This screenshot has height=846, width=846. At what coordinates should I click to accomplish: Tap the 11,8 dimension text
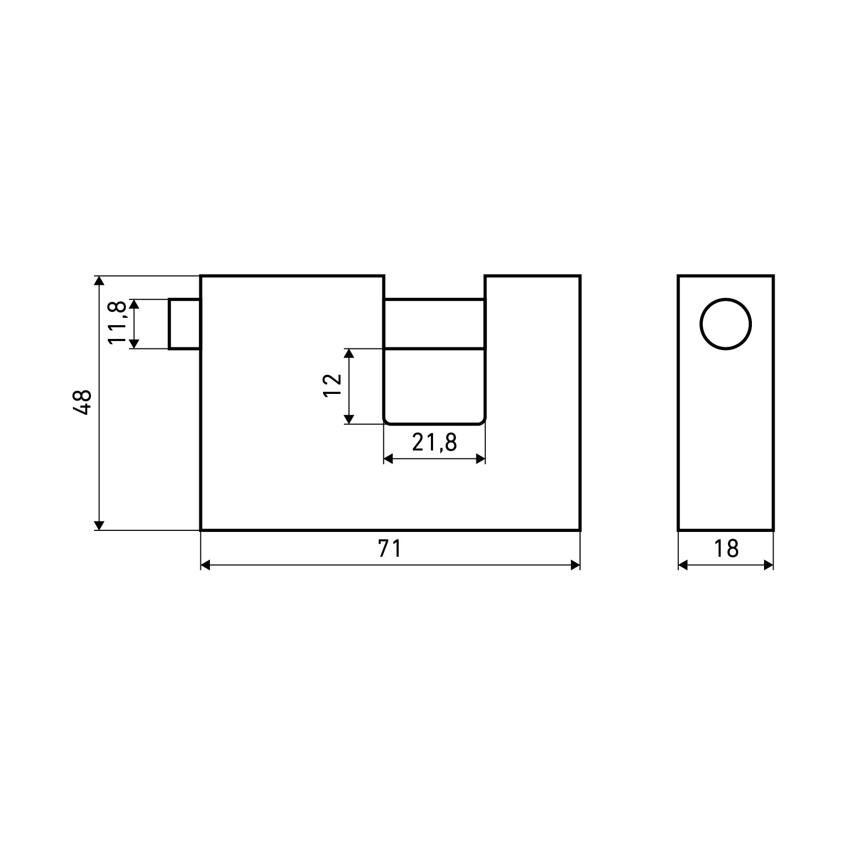coord(117,323)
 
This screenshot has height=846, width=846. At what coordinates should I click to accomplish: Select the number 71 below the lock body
coord(390,549)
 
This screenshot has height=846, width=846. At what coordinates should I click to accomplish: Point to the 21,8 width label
coord(434,442)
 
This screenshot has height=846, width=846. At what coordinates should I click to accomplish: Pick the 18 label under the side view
coord(726,549)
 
